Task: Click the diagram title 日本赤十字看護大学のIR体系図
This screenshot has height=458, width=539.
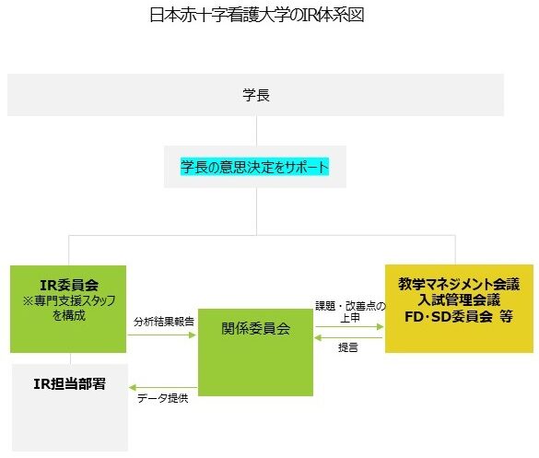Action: point(257,15)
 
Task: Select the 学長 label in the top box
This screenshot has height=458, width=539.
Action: point(256,95)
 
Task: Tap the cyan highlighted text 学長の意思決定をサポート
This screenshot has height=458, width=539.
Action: point(254,167)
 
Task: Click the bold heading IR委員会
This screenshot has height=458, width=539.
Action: point(69,285)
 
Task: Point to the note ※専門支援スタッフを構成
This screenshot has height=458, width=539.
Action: point(69,308)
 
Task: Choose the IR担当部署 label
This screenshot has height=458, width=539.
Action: point(69,383)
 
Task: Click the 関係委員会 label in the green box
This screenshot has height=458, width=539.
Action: point(255,328)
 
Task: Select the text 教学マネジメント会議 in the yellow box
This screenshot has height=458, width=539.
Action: point(459,284)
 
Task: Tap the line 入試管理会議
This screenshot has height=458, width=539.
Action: point(459,299)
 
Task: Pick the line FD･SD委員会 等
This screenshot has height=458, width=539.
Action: point(459,316)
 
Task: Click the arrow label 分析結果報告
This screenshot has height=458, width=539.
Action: point(164,322)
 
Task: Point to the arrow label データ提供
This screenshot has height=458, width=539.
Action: point(162,398)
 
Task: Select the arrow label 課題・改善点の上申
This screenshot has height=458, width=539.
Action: point(350,311)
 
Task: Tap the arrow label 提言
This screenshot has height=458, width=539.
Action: point(348,347)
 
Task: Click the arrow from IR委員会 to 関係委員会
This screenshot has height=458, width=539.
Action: point(161,335)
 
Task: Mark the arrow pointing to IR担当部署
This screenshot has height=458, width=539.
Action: point(163,388)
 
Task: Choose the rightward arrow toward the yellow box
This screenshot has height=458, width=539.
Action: point(349,326)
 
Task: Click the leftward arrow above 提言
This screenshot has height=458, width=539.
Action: point(348,337)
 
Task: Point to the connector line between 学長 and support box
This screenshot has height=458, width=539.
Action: point(256,131)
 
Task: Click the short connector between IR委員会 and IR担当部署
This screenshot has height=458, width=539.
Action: point(70,358)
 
